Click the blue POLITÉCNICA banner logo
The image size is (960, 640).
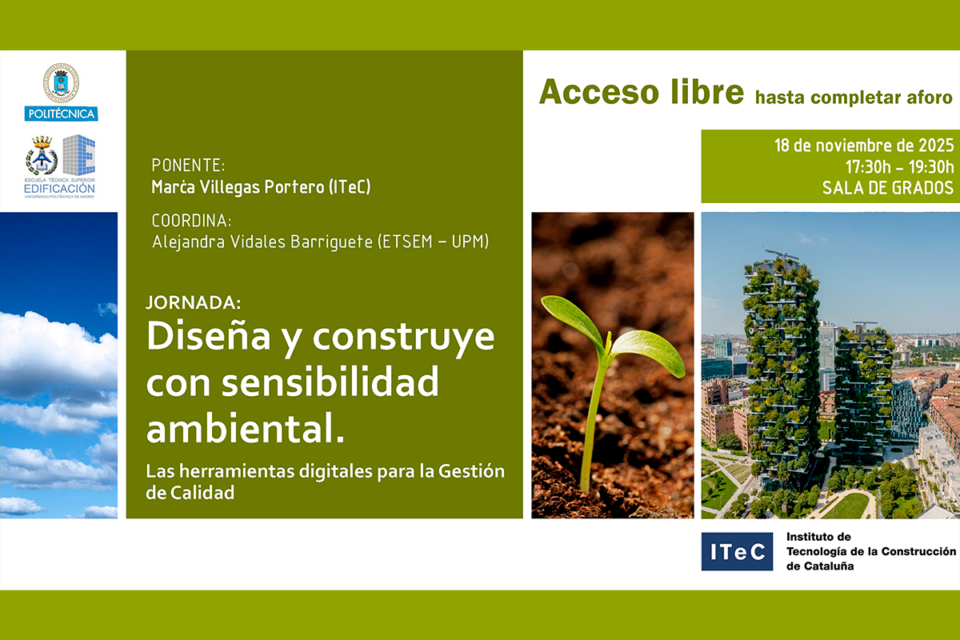click(x=61, y=114)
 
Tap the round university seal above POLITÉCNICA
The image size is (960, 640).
click(x=61, y=83)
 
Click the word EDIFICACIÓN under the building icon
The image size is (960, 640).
click(x=59, y=189)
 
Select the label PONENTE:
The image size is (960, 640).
click(x=188, y=165)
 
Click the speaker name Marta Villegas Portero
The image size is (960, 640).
click(x=238, y=187)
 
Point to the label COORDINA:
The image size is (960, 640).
click(x=191, y=221)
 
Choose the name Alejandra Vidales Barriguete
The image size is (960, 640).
click(x=262, y=242)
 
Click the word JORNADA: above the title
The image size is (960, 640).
click(x=194, y=302)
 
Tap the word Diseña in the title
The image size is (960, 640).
click(x=209, y=336)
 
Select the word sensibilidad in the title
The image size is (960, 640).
click(x=330, y=382)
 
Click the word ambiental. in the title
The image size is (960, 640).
click(x=245, y=428)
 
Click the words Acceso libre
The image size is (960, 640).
click(x=642, y=92)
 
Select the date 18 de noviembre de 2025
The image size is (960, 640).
click(x=864, y=146)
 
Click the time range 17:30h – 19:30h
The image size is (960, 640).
click(x=899, y=166)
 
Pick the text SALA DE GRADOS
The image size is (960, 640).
click(x=888, y=188)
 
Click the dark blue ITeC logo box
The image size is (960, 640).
click(x=737, y=551)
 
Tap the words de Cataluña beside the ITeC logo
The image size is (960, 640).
click(x=820, y=566)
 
